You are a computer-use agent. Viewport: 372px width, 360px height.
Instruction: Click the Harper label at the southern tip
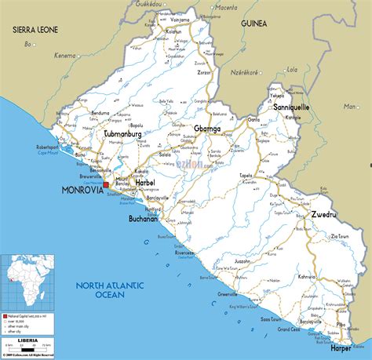click(x=341, y=347)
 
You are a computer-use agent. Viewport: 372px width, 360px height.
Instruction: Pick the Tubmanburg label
click(x=127, y=134)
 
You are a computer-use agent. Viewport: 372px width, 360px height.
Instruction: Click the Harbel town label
click(x=145, y=182)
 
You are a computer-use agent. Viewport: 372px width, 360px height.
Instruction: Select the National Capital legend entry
click(x=27, y=312)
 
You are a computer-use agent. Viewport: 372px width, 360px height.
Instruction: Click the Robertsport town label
click(x=44, y=146)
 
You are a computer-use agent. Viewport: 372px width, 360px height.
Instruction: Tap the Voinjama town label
click(x=180, y=20)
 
